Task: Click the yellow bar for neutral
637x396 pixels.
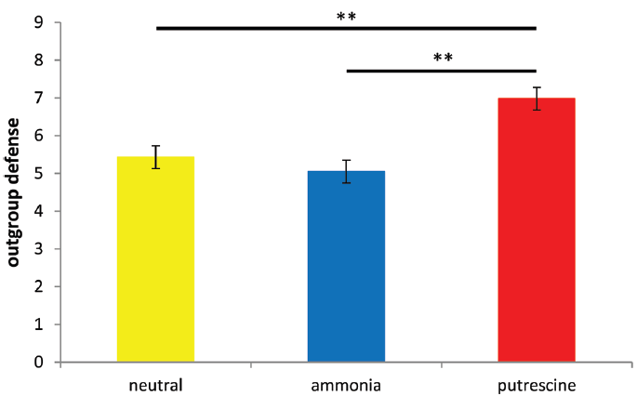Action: (155, 259)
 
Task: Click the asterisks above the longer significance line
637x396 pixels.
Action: (346, 16)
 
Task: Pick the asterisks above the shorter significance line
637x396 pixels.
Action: (443, 58)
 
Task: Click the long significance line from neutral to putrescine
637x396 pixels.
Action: (346, 28)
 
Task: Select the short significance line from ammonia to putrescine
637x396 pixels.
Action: (442, 70)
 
